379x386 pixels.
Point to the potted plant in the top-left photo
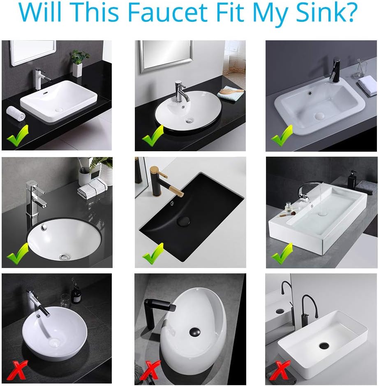(78, 62)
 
